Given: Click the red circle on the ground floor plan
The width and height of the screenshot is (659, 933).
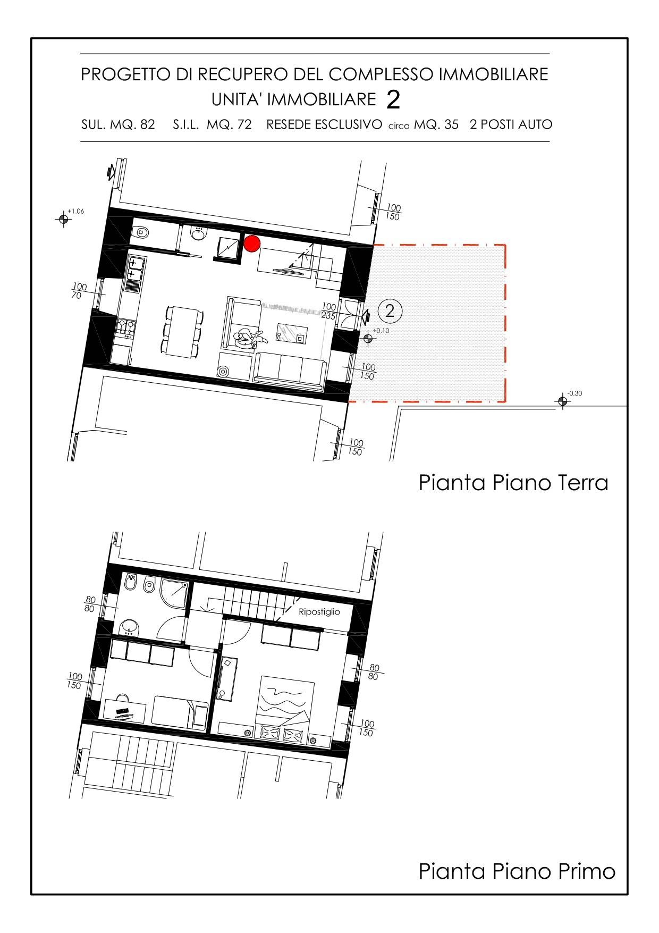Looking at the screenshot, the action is click(252, 243).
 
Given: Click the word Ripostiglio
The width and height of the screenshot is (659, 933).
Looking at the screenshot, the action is click(319, 612).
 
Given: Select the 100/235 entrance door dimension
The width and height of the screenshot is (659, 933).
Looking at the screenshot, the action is click(329, 311).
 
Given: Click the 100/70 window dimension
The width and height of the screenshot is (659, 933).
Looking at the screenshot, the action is click(79, 291).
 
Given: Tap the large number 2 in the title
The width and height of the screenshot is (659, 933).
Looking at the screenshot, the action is click(393, 100).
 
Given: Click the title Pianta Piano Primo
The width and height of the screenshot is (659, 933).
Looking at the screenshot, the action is click(517, 871).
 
